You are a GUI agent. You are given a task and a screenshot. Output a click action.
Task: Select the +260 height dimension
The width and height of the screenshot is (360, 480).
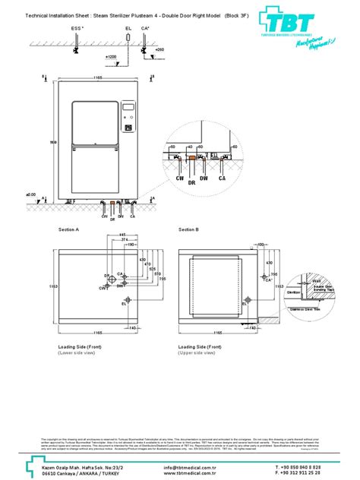159,49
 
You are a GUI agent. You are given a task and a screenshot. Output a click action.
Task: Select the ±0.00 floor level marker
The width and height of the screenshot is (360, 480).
31,194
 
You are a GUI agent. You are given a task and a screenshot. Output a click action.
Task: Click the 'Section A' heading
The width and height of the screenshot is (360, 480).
70,228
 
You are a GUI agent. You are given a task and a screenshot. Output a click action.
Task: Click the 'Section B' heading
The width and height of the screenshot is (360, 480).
188,228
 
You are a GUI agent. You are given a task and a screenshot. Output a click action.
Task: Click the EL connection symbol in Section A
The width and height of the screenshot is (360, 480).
130,298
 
